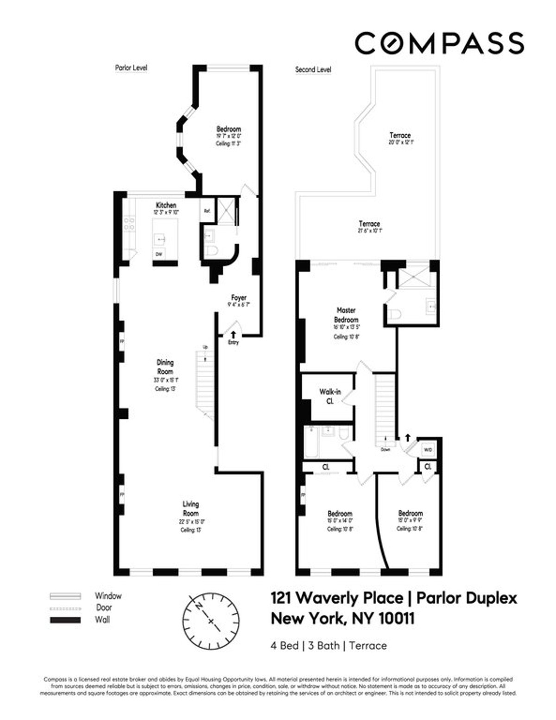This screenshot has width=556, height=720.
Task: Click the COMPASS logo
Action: click(439, 43)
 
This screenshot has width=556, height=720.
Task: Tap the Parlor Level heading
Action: click(131, 68)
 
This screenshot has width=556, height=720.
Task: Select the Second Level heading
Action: click(313, 70)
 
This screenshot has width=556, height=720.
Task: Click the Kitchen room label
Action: click(166, 205)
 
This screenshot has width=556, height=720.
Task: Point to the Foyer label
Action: click(239, 297)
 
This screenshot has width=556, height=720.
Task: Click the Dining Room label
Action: click(165, 367)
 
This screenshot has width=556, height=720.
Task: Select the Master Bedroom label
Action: click(346, 315)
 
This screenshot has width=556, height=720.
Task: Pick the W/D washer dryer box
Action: click(427, 450)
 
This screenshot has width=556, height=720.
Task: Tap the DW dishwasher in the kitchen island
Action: click(159, 254)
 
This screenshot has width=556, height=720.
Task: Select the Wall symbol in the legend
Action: click(65, 620)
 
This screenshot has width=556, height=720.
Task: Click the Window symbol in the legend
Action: click(65, 596)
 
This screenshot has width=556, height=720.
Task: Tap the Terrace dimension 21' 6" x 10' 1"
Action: click(369, 230)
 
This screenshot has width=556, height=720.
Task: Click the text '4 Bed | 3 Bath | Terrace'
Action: click(329, 645)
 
